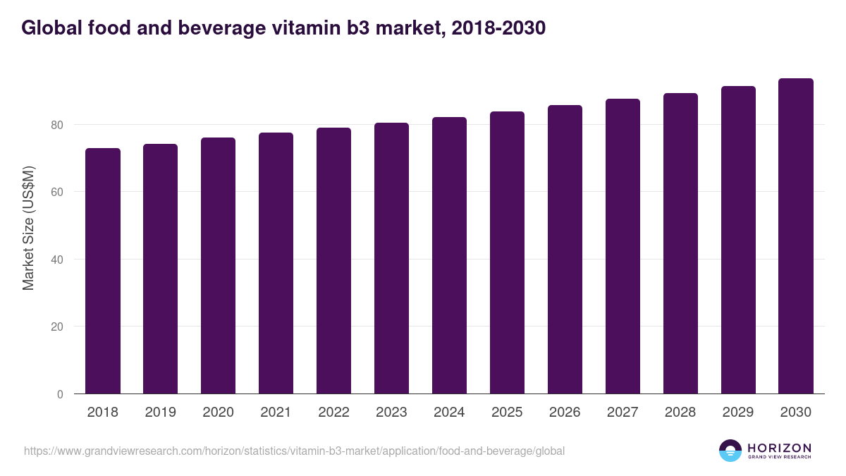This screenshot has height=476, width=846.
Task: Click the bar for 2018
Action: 103,271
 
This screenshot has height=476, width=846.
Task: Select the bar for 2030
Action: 796,236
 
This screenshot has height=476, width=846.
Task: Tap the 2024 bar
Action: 449,256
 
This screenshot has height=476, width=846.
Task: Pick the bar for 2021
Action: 276,263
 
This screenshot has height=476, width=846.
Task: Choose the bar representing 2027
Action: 623,247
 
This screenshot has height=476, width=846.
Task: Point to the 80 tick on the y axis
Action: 56,125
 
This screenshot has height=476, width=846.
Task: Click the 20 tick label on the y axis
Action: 56,327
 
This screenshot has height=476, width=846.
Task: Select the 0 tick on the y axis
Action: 59,394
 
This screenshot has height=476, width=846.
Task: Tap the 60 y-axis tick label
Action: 56,192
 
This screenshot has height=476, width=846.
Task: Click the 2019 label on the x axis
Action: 161,413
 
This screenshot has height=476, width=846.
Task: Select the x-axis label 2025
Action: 507,413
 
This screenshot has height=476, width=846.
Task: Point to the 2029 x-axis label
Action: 738,413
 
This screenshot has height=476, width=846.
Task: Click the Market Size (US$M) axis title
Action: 28,228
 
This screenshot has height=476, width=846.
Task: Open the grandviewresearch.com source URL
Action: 294,451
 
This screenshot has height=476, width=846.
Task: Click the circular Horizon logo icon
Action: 730,451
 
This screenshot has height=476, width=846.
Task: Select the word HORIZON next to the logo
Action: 779,447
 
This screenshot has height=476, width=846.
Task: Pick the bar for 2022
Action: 333,261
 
